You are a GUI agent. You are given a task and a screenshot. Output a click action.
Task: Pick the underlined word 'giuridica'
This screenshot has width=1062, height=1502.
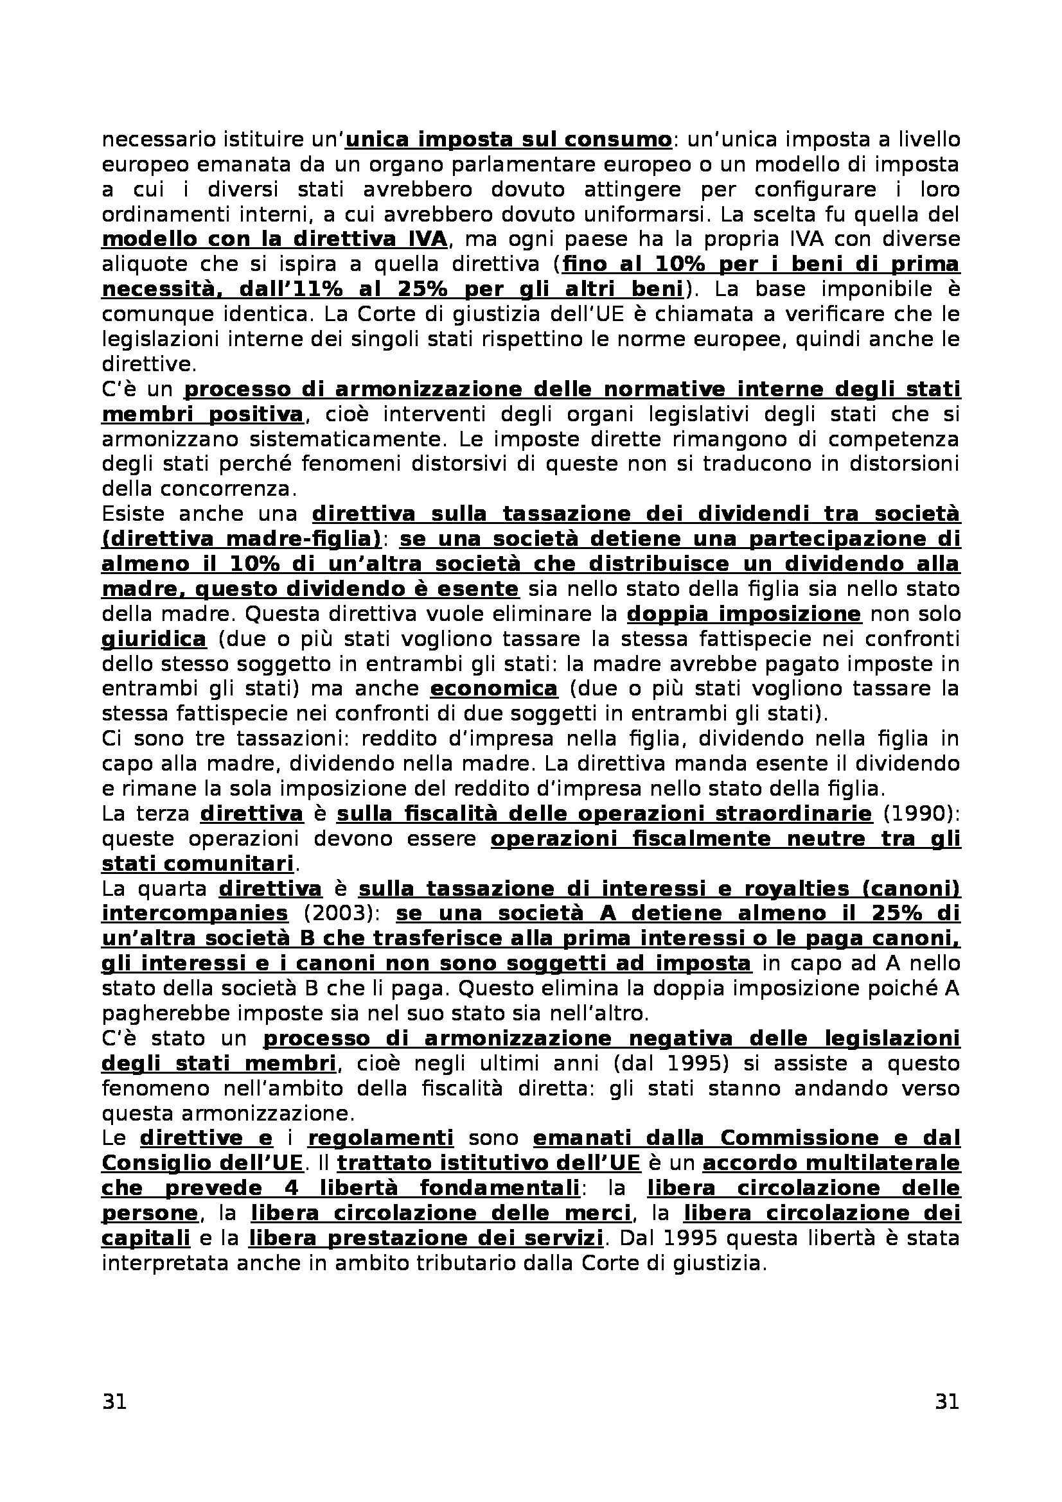coord(154,639)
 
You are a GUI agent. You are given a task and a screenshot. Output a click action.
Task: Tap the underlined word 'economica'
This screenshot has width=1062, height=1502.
coord(494,689)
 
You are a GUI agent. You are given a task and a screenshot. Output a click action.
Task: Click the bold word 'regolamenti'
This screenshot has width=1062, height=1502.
coord(380,1139)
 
